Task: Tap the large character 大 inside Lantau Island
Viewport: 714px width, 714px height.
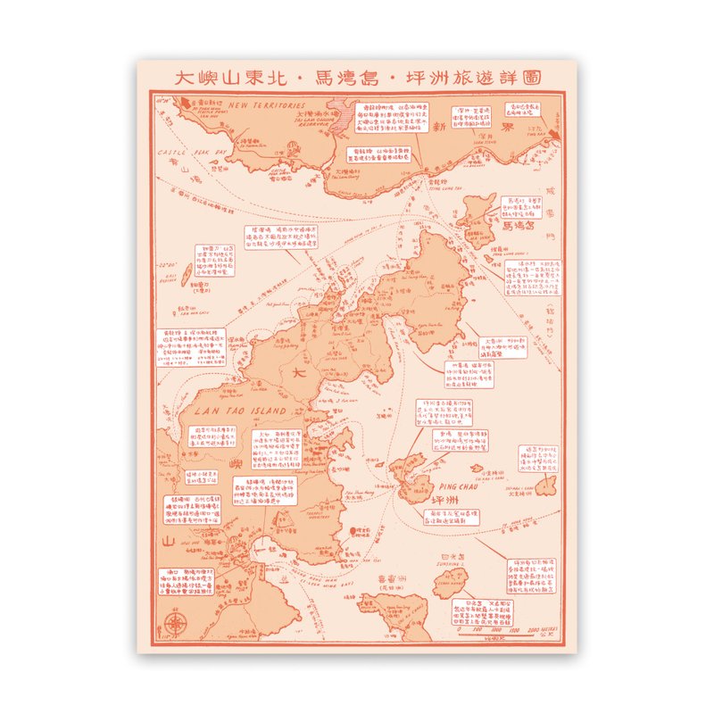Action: (298, 377)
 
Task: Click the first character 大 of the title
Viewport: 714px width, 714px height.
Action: (182, 78)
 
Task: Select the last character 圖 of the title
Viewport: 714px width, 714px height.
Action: (540, 78)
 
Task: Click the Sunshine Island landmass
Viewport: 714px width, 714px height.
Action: (450, 584)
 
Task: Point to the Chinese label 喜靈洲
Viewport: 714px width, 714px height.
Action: (390, 577)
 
